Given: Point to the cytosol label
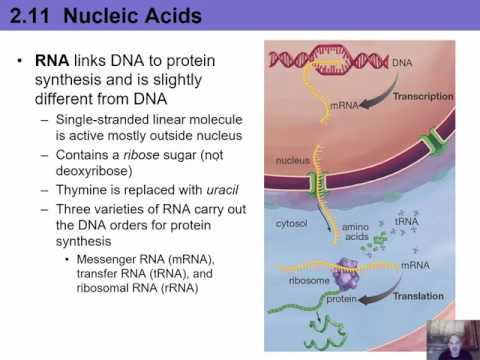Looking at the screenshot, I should tap(290, 225).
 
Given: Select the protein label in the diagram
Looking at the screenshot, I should tap(342, 298).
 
